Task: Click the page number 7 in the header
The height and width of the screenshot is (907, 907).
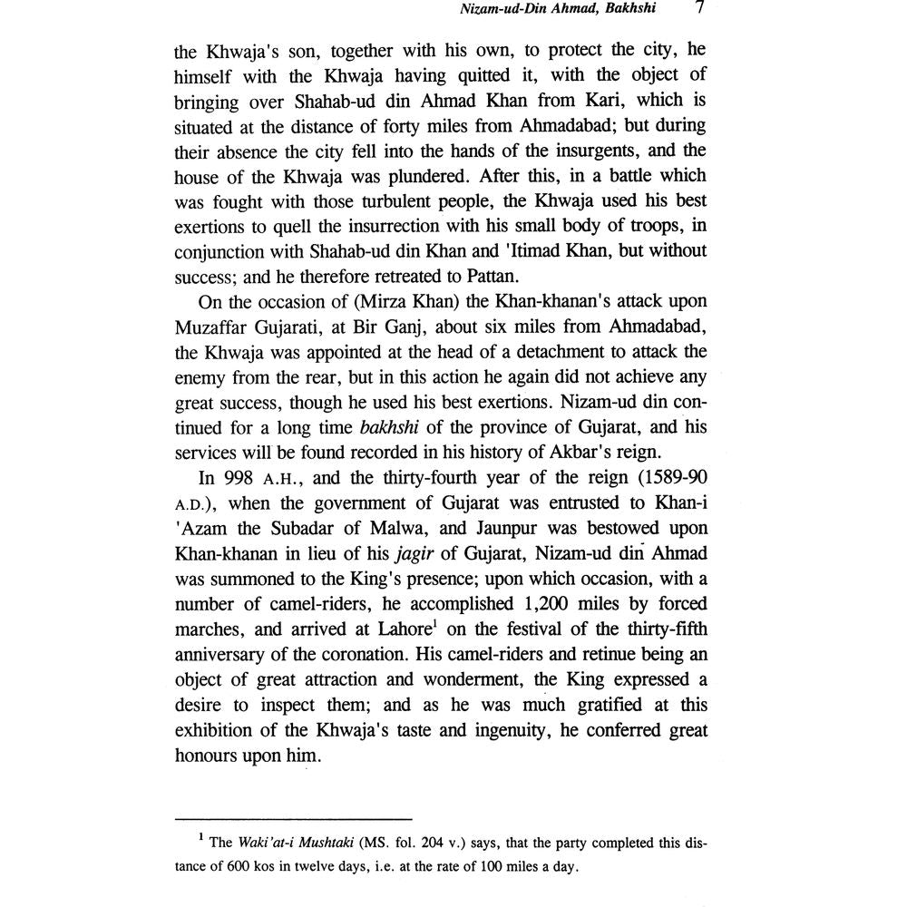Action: [699, 11]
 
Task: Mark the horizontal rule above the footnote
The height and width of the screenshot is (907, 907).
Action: [293, 815]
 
